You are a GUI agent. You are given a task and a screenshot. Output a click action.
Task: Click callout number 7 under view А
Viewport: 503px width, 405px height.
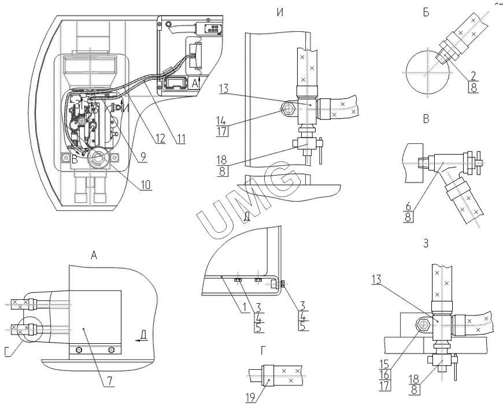coord(109,381)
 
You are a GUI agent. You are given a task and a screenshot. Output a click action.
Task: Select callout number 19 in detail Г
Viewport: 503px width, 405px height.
coord(250,397)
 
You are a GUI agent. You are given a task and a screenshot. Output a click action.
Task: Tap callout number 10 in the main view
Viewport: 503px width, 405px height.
coord(146,185)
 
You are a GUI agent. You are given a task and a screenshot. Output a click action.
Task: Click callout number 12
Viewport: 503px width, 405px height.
coord(160,139)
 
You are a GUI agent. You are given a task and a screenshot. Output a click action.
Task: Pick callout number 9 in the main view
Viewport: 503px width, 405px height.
coord(143,157)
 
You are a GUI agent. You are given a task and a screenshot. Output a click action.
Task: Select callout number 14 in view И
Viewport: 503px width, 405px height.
coord(221,121)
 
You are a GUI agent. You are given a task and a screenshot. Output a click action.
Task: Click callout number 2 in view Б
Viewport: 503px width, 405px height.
coord(473,76)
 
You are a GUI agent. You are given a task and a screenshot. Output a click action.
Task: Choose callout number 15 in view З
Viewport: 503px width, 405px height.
coord(384,365)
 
